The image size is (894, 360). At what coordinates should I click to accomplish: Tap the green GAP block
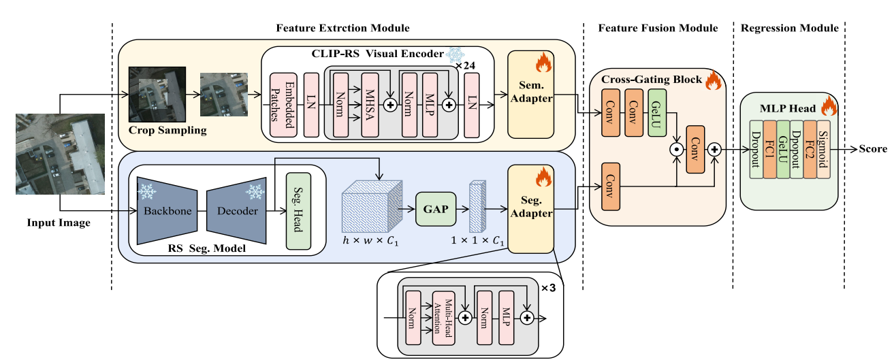435,209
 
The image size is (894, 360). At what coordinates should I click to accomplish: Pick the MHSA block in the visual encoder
370,106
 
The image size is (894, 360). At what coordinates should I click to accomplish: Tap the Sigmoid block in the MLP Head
823,149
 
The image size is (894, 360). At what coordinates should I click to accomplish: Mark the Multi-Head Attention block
443,316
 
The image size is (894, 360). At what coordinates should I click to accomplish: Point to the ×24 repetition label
465,65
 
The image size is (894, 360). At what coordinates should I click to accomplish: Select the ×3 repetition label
549,287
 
